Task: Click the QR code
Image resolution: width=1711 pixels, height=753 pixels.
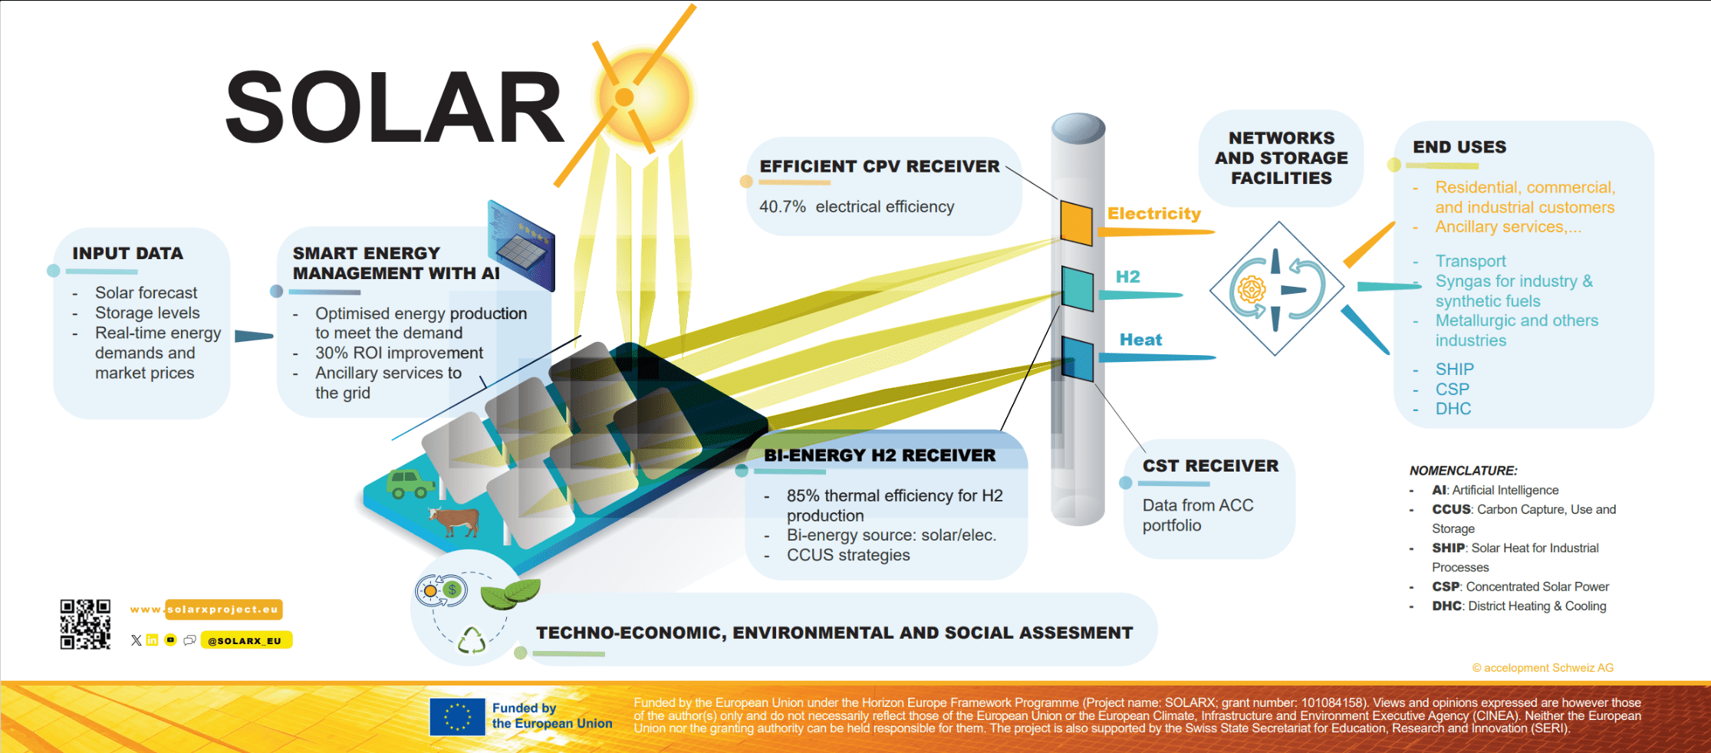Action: [x=85, y=624]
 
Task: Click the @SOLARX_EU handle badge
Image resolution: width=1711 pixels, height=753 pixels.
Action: [x=245, y=640]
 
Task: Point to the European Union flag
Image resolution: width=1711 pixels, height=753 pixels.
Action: [x=457, y=716]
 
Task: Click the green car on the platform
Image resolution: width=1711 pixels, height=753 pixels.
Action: [x=410, y=484]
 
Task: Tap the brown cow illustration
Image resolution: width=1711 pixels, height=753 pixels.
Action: [x=454, y=521]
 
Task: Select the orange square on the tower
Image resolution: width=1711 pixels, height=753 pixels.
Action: [x=1077, y=222]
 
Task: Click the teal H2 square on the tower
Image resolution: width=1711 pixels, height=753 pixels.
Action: [x=1078, y=288]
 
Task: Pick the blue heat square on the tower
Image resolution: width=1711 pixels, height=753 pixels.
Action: [x=1078, y=358]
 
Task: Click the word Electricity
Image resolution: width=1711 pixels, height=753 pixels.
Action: [x=1154, y=214]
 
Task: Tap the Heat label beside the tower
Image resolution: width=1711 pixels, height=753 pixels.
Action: [x=1140, y=340]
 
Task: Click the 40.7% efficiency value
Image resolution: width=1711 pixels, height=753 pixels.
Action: [x=782, y=207]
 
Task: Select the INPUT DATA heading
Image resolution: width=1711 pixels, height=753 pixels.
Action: [x=128, y=253]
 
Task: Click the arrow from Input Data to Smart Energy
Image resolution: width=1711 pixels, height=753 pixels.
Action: [x=253, y=336]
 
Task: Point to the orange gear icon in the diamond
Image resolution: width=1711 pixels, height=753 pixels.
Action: [x=1252, y=290]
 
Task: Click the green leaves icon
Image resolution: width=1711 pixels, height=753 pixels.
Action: [x=510, y=594]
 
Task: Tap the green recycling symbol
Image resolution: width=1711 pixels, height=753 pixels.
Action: [x=472, y=640]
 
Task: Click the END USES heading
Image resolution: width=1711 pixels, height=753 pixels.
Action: [x=1459, y=147]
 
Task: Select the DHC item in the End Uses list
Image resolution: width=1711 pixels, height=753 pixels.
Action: [x=1453, y=409]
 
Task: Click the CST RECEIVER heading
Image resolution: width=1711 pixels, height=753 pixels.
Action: [x=1210, y=466]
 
